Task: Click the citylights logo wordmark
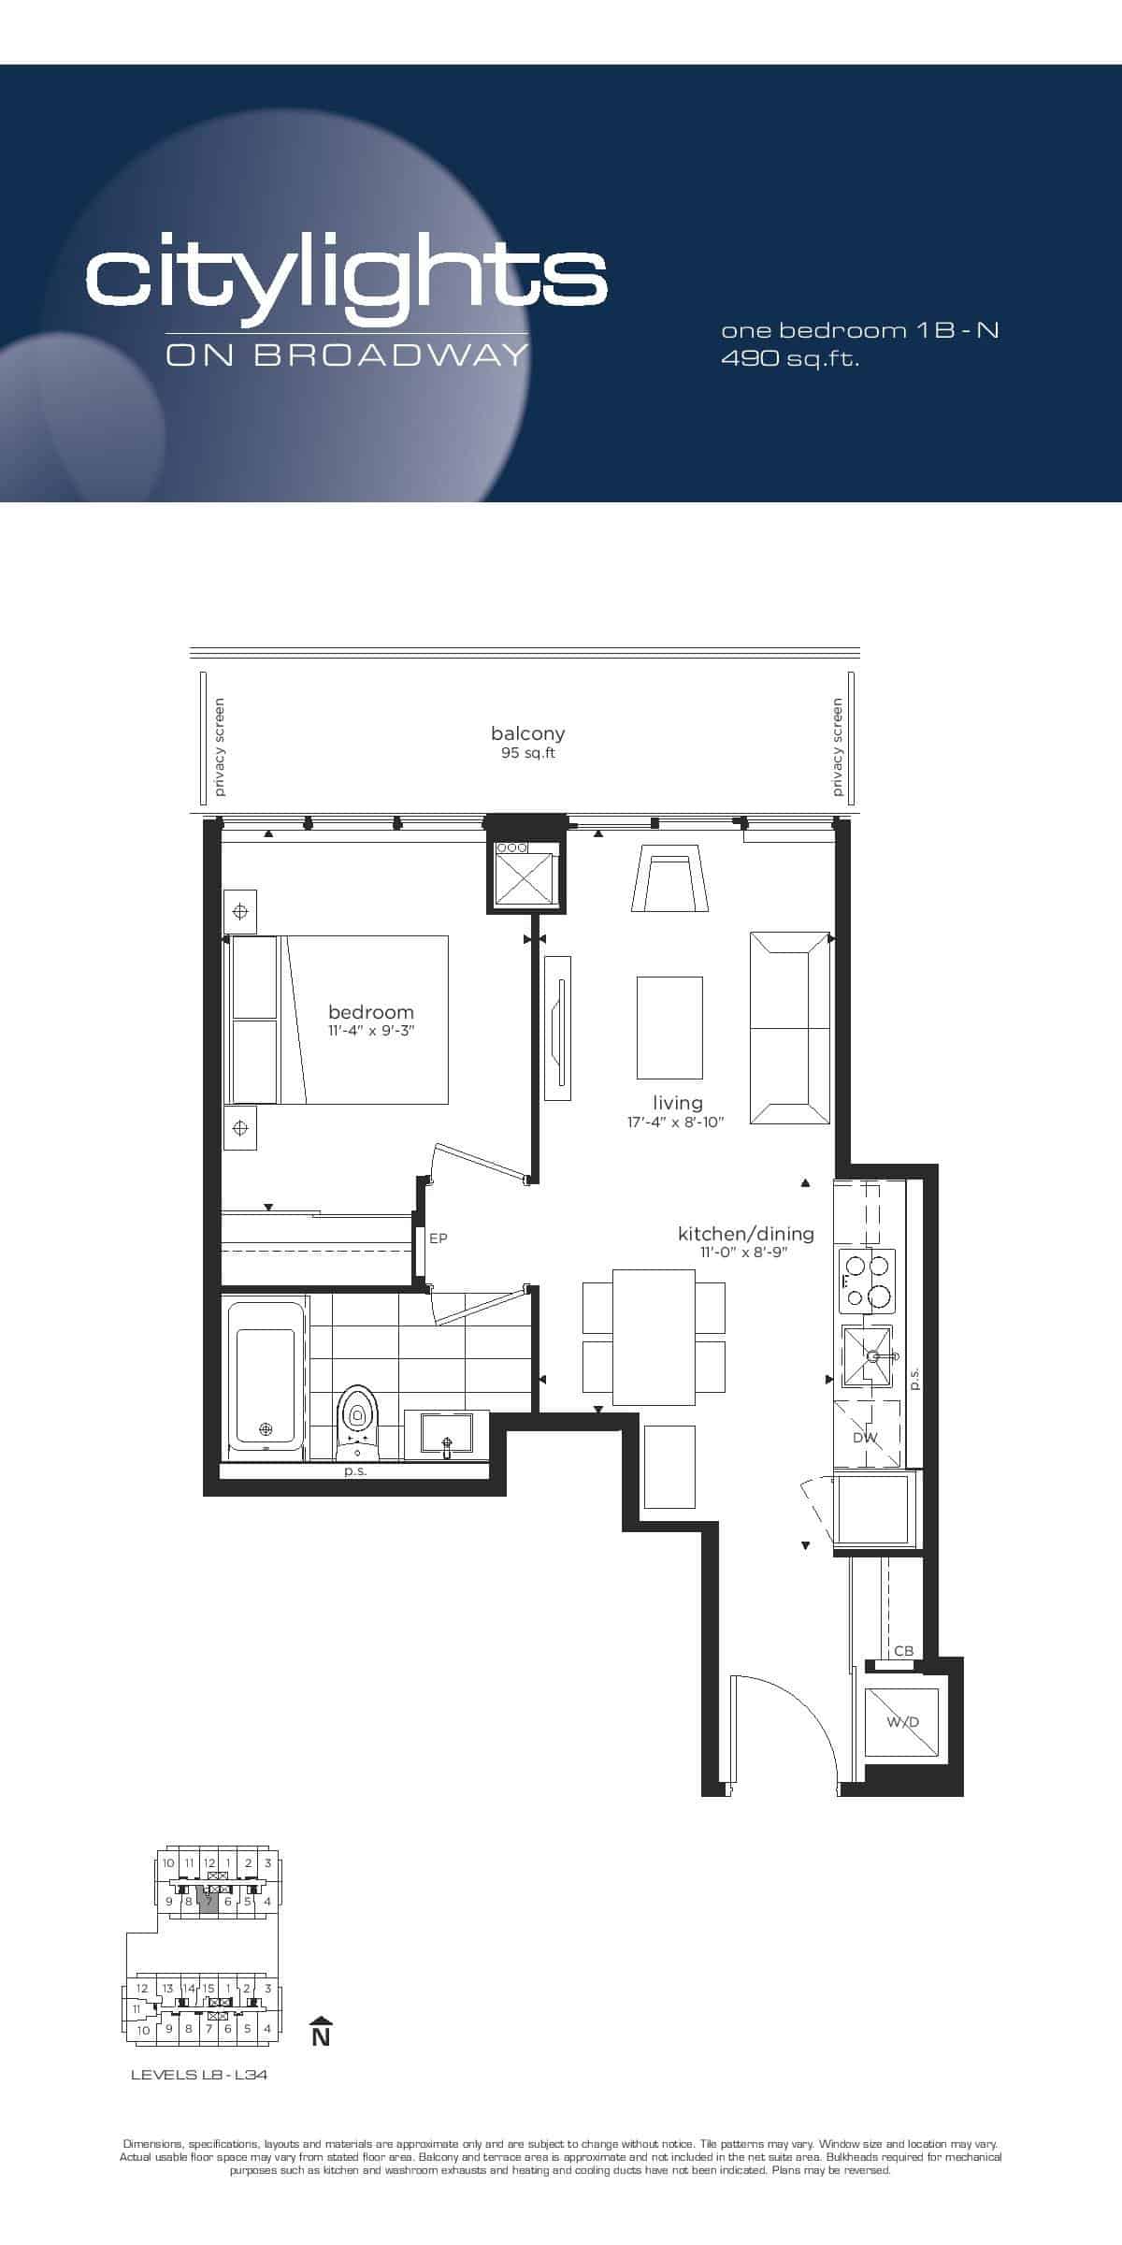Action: (347, 277)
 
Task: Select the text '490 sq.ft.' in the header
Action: (790, 358)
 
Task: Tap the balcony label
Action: (528, 734)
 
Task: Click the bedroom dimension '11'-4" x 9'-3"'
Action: (371, 1031)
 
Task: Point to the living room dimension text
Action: (676, 1122)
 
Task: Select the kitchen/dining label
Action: (746, 1234)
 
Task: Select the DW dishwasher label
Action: (865, 1438)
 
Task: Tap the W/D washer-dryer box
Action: (902, 1721)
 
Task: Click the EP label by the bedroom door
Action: (438, 1238)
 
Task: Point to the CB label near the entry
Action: (903, 1651)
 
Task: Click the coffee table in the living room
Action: (669, 1027)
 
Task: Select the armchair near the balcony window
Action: (669, 877)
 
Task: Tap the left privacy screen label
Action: (220, 746)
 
